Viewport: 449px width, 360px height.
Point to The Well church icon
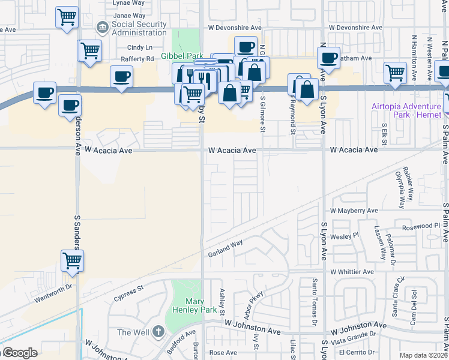pos(158,331)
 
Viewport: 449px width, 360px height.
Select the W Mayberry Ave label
pos(354,211)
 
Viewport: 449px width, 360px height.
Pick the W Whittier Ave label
pos(352,272)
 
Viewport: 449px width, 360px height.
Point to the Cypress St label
pos(129,293)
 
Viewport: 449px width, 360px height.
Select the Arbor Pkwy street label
pos(257,311)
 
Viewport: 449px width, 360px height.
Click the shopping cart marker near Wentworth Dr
pos(72,260)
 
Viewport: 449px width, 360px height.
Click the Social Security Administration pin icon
pos(102,27)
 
